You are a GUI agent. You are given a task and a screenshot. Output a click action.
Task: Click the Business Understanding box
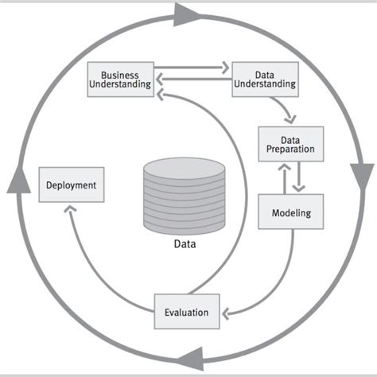119,80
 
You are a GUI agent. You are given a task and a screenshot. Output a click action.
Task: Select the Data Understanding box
264,78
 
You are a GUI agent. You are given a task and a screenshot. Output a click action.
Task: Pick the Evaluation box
186,312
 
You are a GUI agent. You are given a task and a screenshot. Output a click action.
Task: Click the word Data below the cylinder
185,244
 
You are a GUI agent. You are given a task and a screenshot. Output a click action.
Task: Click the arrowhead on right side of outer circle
363,171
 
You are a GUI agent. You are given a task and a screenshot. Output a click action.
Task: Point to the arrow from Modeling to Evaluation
270,286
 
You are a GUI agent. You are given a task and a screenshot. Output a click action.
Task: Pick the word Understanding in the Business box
119,86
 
